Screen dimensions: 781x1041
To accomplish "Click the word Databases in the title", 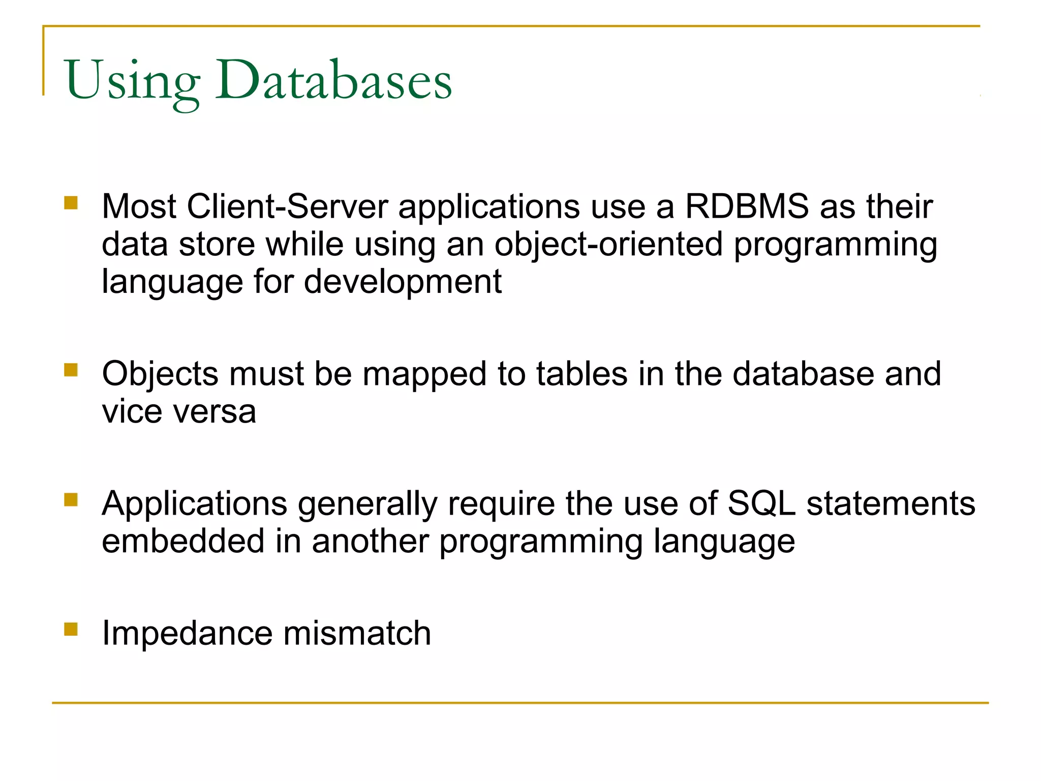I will coord(333,80).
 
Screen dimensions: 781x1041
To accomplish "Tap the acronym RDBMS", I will coord(747,207).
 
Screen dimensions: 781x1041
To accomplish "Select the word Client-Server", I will coord(287,207).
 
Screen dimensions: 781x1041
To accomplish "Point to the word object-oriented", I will coord(608,245).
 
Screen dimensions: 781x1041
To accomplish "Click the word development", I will coord(403,282).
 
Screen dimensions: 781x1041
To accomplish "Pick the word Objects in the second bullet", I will coord(160,375).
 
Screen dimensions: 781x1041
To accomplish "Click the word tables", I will coord(582,374).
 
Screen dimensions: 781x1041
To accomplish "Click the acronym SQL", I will coord(761,504).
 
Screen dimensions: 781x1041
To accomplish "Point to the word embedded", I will coord(183,541).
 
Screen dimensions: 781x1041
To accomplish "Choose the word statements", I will coord(891,504).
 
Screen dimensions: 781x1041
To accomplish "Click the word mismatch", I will coord(357,634).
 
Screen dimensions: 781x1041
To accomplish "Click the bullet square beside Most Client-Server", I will coord(71,203).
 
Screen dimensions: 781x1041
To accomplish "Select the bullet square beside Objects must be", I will coord(71,370).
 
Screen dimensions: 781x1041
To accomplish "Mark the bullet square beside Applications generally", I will coord(71,500).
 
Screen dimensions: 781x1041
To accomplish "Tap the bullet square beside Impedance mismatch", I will coord(71,629).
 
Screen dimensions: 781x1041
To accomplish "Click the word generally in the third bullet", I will coord(368,504).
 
